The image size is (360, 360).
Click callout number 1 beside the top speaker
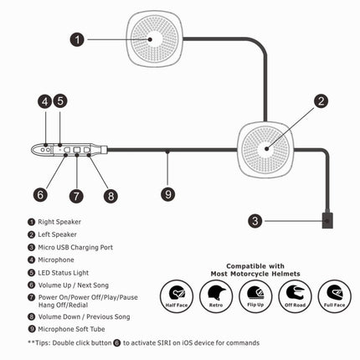[78, 39]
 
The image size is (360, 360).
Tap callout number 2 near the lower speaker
[320, 102]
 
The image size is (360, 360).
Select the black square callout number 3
[256, 222]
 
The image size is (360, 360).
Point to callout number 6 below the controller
[39, 194]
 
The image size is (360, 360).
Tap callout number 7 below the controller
[76, 197]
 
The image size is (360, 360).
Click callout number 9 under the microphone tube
[167, 193]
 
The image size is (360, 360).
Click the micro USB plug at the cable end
[328, 223]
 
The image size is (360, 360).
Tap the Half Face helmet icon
[177, 296]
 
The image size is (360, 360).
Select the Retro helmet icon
[215, 296]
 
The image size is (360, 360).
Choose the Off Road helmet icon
[295, 296]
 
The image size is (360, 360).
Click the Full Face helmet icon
[335, 296]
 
